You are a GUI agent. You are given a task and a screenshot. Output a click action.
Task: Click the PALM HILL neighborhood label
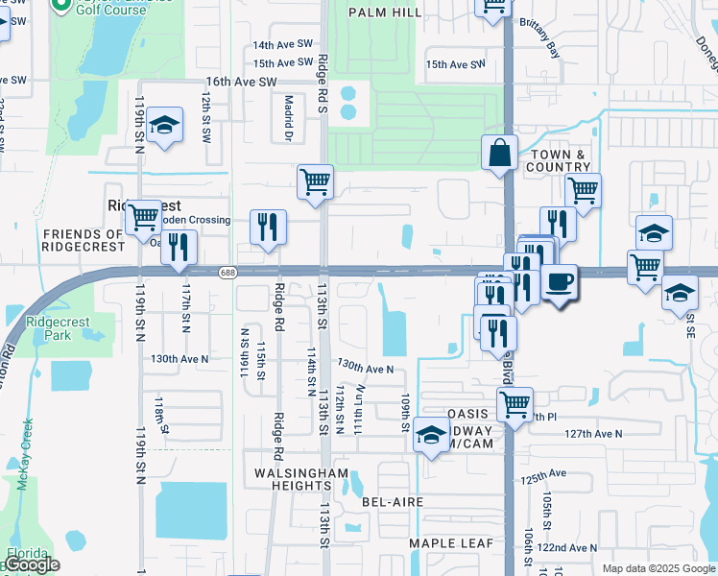(x=386, y=12)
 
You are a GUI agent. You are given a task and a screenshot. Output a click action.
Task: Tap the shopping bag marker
(x=500, y=153)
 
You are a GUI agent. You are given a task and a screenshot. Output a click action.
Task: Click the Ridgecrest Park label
(x=48, y=328)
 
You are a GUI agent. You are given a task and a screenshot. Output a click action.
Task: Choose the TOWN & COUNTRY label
(x=558, y=160)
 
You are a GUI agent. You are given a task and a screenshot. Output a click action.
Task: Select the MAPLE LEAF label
(x=451, y=543)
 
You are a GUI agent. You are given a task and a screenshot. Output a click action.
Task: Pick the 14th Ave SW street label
(x=282, y=44)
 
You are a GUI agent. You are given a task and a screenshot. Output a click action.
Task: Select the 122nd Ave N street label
(x=565, y=547)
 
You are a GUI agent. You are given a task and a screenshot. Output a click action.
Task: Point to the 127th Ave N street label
(x=592, y=434)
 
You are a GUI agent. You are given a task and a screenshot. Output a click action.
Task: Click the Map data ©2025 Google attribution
(x=658, y=568)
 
